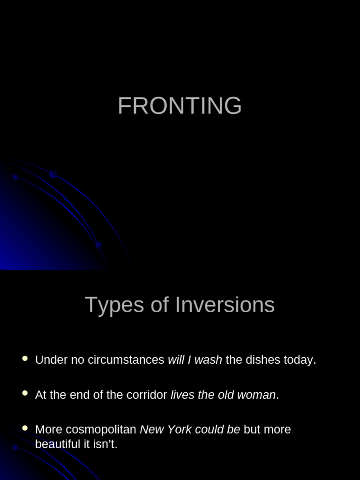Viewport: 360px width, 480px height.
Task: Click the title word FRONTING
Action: (180, 106)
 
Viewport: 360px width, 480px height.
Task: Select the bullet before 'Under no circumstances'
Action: (25, 359)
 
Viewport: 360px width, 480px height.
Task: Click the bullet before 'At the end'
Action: (25, 393)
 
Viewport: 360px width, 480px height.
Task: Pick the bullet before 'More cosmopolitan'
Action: (25, 428)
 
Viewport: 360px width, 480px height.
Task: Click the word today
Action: (300, 360)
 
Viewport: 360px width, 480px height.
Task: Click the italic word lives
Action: (182, 395)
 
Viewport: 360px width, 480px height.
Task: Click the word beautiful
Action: (54, 444)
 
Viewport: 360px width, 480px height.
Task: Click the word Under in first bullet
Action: (48, 360)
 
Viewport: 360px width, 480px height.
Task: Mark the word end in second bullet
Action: (79, 395)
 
